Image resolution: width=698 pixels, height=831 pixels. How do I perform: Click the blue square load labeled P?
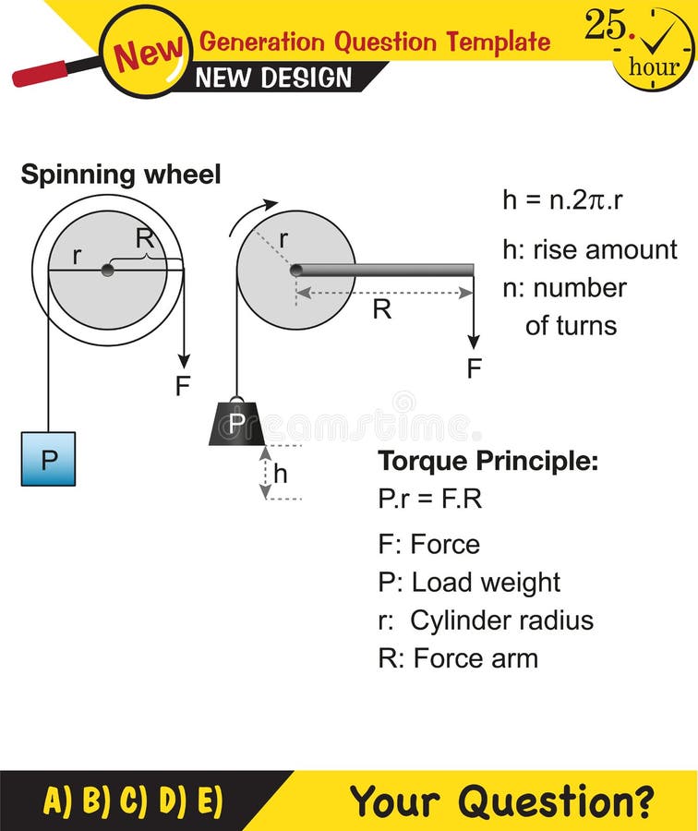pyautogui.click(x=48, y=458)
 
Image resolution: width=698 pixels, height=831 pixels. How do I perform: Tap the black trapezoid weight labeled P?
pyautogui.click(x=237, y=425)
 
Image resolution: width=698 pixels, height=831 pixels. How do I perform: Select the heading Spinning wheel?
pyautogui.click(x=121, y=175)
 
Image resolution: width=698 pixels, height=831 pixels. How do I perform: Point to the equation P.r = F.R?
pyautogui.click(x=429, y=499)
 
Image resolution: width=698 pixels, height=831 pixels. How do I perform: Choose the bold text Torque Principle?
pyautogui.click(x=487, y=461)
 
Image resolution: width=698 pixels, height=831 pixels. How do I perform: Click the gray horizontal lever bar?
pyautogui.click(x=383, y=270)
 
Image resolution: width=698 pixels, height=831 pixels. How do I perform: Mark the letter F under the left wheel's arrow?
pyautogui.click(x=183, y=385)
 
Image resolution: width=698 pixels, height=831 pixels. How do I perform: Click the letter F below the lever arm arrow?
pyautogui.click(x=474, y=369)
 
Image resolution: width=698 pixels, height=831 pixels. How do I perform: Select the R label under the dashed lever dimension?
pyautogui.click(x=381, y=309)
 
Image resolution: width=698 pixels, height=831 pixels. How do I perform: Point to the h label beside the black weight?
pyautogui.click(x=281, y=474)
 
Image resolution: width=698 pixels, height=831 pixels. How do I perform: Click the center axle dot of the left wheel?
pyautogui.click(x=108, y=270)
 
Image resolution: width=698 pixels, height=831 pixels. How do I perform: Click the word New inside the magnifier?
pyautogui.click(x=148, y=54)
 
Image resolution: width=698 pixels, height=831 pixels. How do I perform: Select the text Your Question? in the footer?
pyautogui.click(x=502, y=801)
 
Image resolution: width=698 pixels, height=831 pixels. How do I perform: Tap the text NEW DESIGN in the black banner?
pyautogui.click(x=274, y=78)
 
